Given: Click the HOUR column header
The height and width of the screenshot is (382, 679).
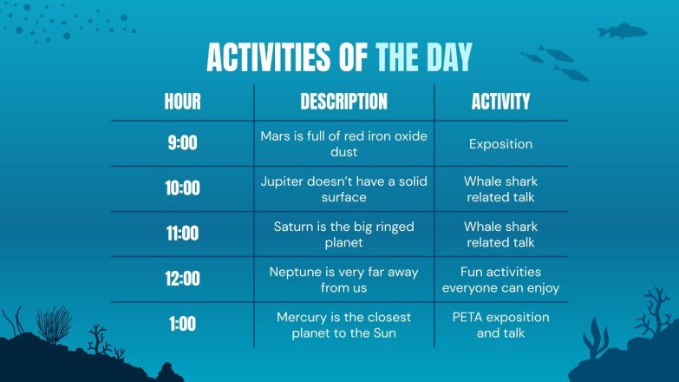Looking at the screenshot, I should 182,102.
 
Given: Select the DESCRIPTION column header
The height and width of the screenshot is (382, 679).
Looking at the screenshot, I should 343,102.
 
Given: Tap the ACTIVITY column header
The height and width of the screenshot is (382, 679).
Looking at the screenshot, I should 500,102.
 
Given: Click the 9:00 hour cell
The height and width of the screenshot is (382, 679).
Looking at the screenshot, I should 182,143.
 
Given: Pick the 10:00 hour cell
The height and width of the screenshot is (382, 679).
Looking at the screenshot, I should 182,188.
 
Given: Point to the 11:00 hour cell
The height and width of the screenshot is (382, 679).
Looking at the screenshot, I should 182,234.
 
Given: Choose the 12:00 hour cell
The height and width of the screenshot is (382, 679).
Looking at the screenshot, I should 182,279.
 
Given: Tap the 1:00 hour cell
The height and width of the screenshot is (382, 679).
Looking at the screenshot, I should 182,324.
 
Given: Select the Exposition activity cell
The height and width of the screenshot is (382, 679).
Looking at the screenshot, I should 500,144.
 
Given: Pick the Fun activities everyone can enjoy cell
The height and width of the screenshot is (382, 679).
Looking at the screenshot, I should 500,280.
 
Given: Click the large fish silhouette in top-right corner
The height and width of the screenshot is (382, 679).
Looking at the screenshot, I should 622,31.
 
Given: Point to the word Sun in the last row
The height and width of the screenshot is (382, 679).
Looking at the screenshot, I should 398,333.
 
